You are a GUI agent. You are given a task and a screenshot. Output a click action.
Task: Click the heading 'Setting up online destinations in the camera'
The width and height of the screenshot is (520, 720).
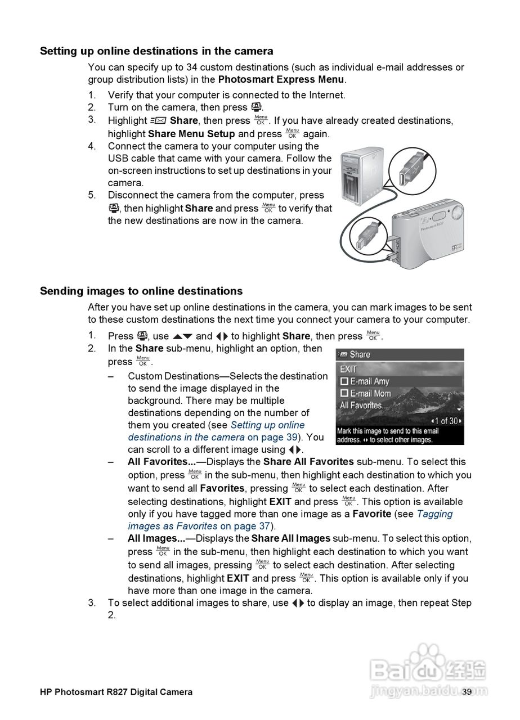point(156,51)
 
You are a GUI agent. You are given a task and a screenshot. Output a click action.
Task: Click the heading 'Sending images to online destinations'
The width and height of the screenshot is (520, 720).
point(141,291)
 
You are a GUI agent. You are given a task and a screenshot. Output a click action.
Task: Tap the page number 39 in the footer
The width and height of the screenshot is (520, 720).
point(467,692)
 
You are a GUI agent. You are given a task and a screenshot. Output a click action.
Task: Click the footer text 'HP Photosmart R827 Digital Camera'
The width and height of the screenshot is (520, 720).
point(116,692)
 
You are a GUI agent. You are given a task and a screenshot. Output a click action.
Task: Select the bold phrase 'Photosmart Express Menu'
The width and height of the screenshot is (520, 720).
point(281,79)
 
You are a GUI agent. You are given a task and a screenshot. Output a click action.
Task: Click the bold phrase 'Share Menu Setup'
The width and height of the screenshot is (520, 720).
point(191,134)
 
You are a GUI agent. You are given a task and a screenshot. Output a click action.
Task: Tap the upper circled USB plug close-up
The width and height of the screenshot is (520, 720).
point(413,168)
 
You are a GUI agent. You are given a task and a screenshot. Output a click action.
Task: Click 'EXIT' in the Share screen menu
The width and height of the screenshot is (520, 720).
point(348,369)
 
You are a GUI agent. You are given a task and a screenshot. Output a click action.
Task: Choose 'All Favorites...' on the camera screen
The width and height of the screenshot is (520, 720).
point(364,406)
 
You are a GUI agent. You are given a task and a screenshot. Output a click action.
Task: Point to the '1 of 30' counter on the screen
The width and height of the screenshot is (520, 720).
point(446,421)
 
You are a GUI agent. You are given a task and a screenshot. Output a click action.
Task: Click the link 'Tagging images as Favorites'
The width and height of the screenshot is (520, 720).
point(290,520)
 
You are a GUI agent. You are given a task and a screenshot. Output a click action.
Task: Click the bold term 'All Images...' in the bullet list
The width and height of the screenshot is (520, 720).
point(156,539)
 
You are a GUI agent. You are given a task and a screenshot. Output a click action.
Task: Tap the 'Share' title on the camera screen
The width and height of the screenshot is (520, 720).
point(360,354)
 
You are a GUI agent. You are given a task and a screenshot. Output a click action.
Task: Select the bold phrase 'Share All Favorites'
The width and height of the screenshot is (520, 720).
point(308,462)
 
